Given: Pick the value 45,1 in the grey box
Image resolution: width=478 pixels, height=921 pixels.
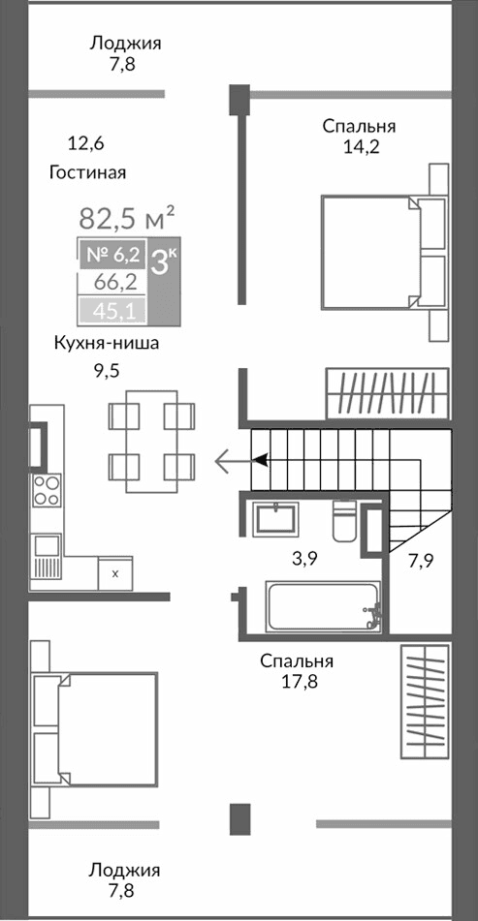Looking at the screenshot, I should click(x=113, y=310).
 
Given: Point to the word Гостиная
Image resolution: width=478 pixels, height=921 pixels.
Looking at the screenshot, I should click(x=87, y=172).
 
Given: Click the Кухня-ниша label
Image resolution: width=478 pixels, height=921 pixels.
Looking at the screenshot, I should click(x=106, y=344).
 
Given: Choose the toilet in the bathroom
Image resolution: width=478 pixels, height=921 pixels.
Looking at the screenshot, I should click(x=345, y=519).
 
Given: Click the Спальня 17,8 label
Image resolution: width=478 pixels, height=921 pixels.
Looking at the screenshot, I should click(x=296, y=670).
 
